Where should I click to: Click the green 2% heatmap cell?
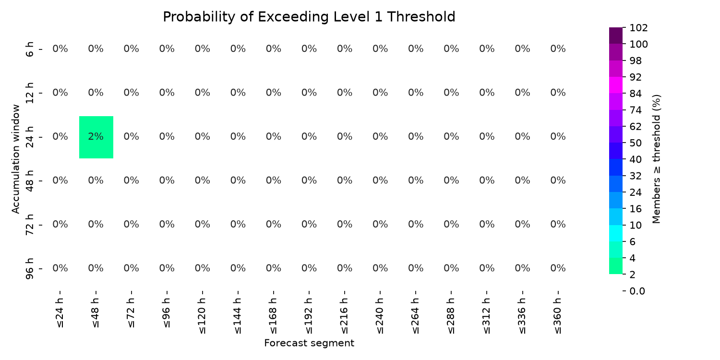96,137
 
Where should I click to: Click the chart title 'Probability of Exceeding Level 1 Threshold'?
309,17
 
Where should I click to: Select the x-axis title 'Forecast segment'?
309,343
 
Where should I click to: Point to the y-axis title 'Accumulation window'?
16,159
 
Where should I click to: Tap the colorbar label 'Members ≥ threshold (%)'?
656,159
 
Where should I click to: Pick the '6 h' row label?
29,49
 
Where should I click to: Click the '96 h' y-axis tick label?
29,269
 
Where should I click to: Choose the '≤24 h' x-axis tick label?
60,313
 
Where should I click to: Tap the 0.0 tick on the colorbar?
637,291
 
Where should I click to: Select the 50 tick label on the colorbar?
636,143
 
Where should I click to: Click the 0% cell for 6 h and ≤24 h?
60,49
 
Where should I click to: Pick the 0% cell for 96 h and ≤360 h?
558,268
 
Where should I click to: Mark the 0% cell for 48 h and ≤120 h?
203,180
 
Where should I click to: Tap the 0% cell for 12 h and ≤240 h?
380,93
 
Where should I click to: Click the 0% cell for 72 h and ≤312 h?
487,224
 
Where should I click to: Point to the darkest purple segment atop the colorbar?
615,36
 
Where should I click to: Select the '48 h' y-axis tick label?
29,181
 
